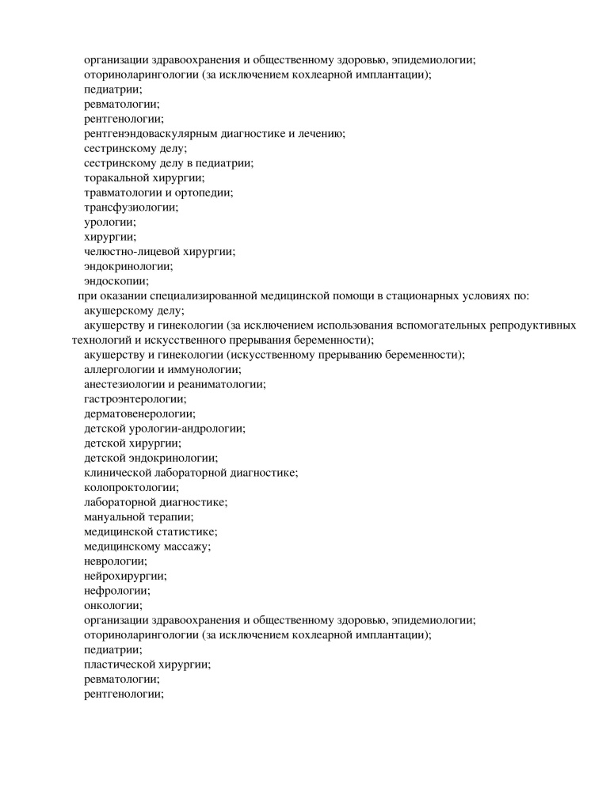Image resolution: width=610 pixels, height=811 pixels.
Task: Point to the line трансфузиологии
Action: click(x=131, y=207)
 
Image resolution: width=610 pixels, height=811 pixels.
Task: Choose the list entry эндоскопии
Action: click(x=116, y=280)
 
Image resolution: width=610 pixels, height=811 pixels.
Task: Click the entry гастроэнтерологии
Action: click(x=135, y=398)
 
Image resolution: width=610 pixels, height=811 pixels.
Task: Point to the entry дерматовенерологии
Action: click(x=139, y=413)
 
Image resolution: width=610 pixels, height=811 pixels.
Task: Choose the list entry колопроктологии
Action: click(x=132, y=487)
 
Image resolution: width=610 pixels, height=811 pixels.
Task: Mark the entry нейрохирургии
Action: click(x=125, y=576)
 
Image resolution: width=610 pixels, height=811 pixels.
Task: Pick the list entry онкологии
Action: click(x=112, y=606)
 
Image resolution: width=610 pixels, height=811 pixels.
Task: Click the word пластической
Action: click(x=118, y=664)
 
